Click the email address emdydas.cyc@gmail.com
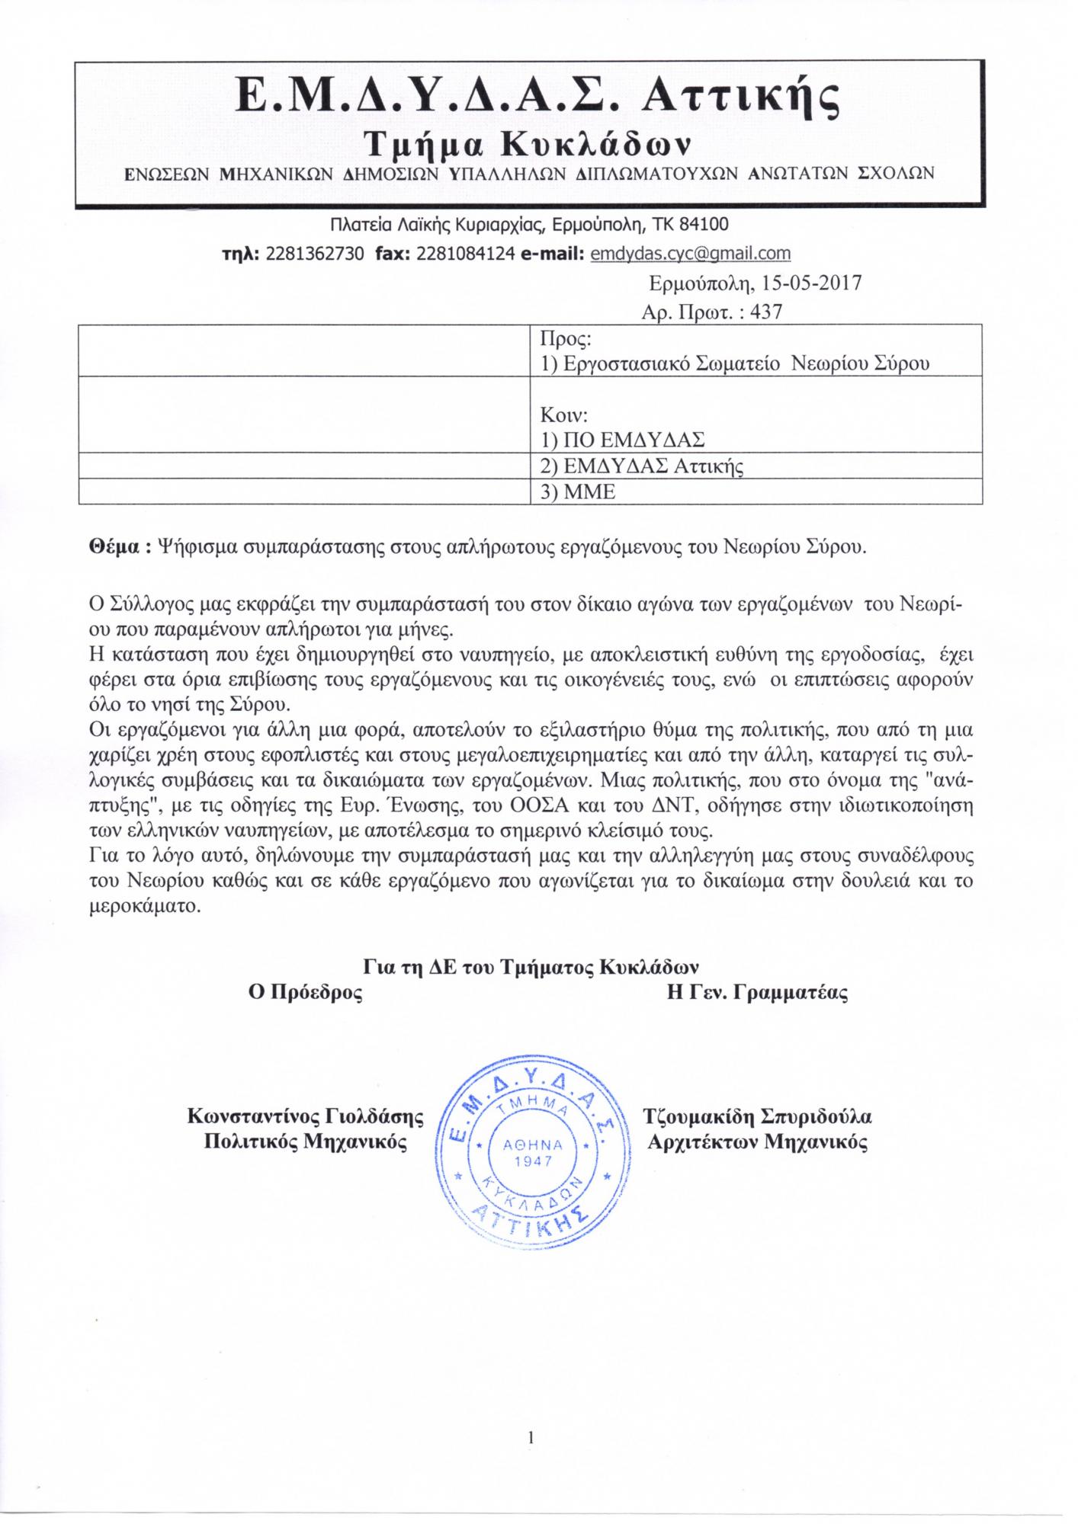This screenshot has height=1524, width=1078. (690, 253)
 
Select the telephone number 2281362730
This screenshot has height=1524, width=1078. (315, 253)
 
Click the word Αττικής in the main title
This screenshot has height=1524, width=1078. (743, 96)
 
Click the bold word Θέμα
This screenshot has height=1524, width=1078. (114, 548)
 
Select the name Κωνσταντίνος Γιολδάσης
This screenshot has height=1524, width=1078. (305, 1117)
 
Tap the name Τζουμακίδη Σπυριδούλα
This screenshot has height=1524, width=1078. (757, 1117)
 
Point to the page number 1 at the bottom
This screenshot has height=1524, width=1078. (531, 1439)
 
